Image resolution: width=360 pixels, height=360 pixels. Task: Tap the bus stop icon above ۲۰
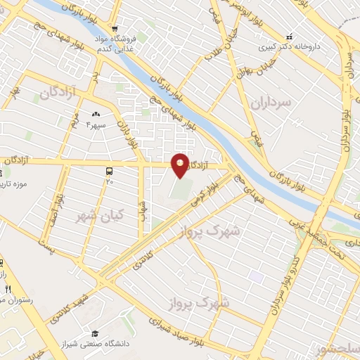109,171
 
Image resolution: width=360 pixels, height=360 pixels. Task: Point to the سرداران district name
270,103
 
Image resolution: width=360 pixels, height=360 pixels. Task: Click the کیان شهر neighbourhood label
99,216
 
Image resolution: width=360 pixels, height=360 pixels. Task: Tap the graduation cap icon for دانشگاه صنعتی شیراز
94,333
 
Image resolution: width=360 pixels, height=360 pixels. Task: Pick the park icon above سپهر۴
96,113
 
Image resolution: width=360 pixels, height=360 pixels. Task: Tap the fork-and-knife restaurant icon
8,289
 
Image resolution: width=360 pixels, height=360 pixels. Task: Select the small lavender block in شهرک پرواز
256,277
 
